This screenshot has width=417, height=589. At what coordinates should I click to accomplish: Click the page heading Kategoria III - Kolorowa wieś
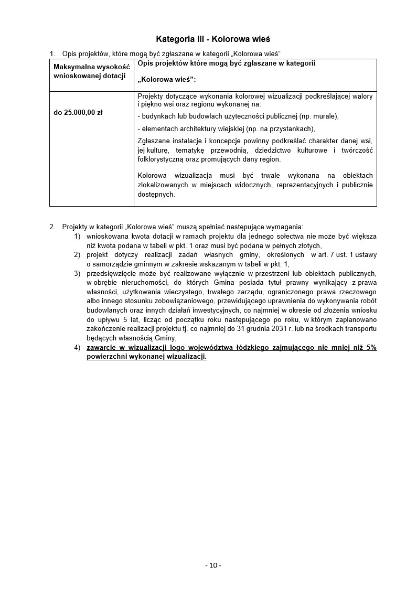pos(213,39)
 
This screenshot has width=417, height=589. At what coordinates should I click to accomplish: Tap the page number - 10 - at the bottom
pos(213,565)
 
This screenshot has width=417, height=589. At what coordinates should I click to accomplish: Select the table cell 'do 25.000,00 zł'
pos(78,112)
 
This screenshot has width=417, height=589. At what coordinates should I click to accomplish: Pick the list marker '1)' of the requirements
pos(77,237)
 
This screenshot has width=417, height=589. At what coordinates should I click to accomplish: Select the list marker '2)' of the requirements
pos(77,255)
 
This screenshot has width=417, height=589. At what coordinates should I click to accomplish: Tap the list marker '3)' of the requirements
pos(77,273)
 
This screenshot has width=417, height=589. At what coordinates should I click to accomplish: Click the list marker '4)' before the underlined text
pos(77,347)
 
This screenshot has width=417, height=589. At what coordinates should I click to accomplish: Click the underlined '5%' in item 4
pos(371,347)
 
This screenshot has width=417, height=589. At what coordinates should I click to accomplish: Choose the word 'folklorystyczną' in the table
pos(161,159)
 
